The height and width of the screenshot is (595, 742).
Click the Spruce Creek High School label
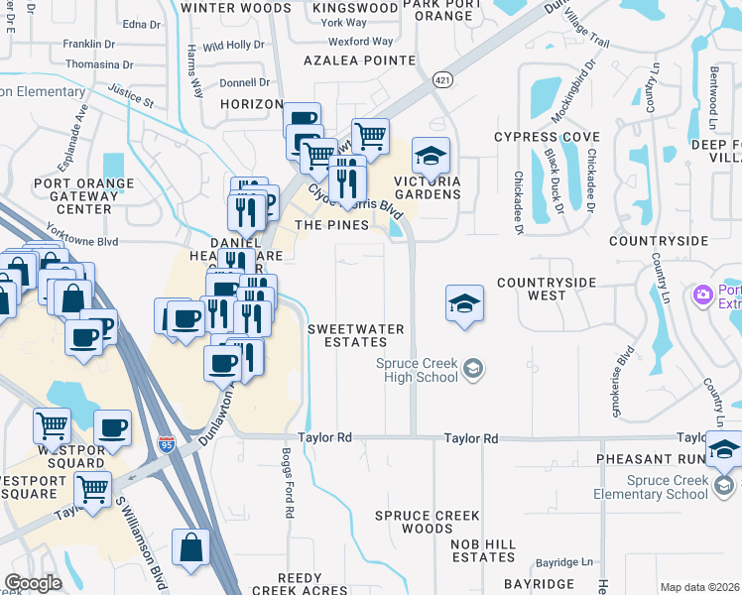(417, 370)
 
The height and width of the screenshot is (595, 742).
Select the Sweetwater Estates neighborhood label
(347, 335)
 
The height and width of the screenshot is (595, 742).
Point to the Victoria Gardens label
(428, 187)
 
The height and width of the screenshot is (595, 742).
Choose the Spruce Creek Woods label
(428, 522)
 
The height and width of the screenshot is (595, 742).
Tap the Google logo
(34, 583)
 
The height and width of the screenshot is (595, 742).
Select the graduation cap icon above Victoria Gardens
(431, 156)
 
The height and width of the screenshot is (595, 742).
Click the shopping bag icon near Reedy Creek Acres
(190, 547)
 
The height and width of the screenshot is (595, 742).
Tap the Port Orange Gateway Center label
(84, 196)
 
